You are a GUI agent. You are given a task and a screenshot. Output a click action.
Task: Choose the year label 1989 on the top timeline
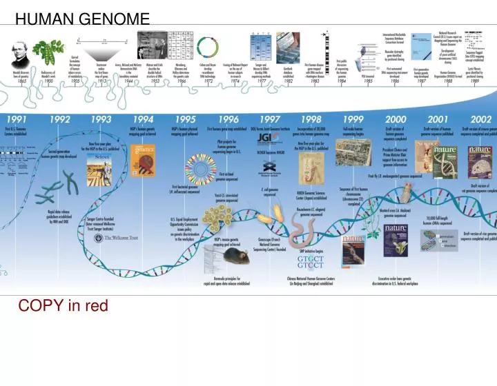tap(475, 81)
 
